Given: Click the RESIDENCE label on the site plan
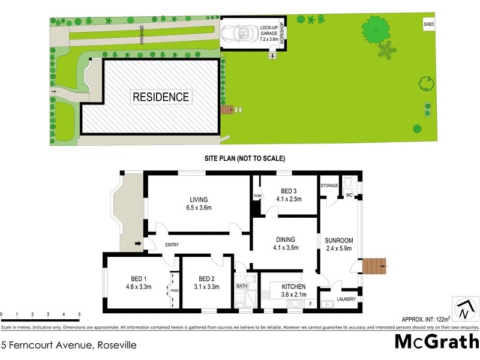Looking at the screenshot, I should pos(161,97).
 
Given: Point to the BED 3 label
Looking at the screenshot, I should pos(288,191).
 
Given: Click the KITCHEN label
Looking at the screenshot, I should pos(294,286).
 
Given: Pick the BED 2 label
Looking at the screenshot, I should pos(206,278).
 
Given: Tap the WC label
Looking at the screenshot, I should pos(349,195).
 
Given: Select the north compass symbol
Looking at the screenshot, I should pos(463,309).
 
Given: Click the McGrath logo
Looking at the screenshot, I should pos(436,341).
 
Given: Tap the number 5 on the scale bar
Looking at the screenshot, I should pos(79,314).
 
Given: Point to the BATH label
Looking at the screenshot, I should pos(242,286).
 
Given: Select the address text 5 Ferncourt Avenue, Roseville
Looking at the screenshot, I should pos(69,345).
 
